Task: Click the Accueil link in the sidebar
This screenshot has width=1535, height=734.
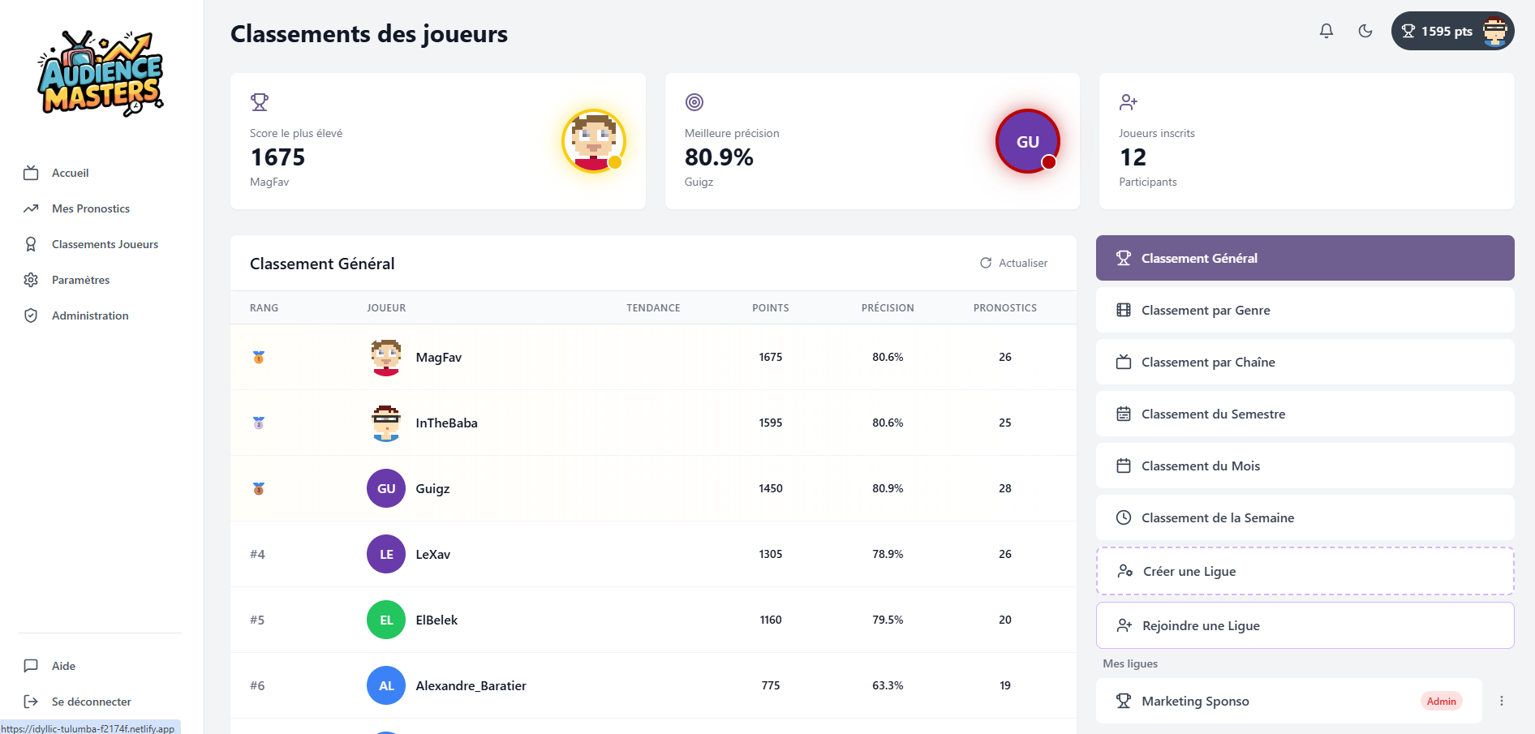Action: (x=70, y=173)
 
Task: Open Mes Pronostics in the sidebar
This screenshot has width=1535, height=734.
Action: (x=90, y=208)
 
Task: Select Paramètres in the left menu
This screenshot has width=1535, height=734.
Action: (x=80, y=280)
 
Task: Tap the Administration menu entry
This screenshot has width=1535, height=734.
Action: (x=90, y=315)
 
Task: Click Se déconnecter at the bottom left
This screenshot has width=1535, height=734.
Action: (x=91, y=702)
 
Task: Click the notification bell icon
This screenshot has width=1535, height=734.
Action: (x=1326, y=31)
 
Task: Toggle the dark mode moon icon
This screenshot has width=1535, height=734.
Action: (x=1365, y=31)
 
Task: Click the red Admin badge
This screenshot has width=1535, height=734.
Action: (x=1442, y=702)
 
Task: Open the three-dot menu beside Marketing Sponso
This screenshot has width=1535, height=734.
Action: (x=1502, y=701)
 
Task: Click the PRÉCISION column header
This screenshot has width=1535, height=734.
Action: (x=888, y=308)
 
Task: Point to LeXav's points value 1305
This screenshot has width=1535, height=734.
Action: (x=771, y=554)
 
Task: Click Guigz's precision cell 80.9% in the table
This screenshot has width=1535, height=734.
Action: (x=888, y=488)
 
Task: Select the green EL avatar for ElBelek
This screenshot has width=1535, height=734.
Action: (x=386, y=620)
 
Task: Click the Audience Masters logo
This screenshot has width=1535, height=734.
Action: (x=101, y=73)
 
